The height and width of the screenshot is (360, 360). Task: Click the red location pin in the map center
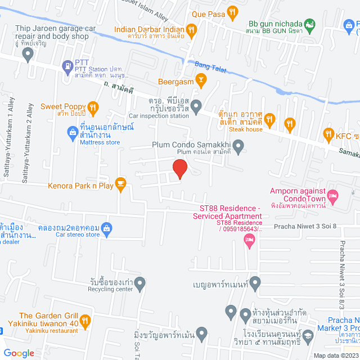179,169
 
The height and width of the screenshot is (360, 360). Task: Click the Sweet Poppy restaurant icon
93,107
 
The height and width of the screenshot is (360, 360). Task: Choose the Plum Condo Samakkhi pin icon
238,148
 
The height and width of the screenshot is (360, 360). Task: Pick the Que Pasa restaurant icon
232,11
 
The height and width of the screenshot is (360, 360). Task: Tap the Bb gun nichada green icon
309,24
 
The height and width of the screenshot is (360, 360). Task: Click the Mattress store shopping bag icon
72,133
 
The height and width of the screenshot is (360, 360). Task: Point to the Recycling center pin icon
140,283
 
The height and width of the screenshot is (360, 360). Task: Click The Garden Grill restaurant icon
85,321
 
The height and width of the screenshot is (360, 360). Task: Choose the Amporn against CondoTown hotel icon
332,196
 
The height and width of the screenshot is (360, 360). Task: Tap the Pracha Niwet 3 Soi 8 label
305,226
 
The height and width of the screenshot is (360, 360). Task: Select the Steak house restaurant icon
271,119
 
